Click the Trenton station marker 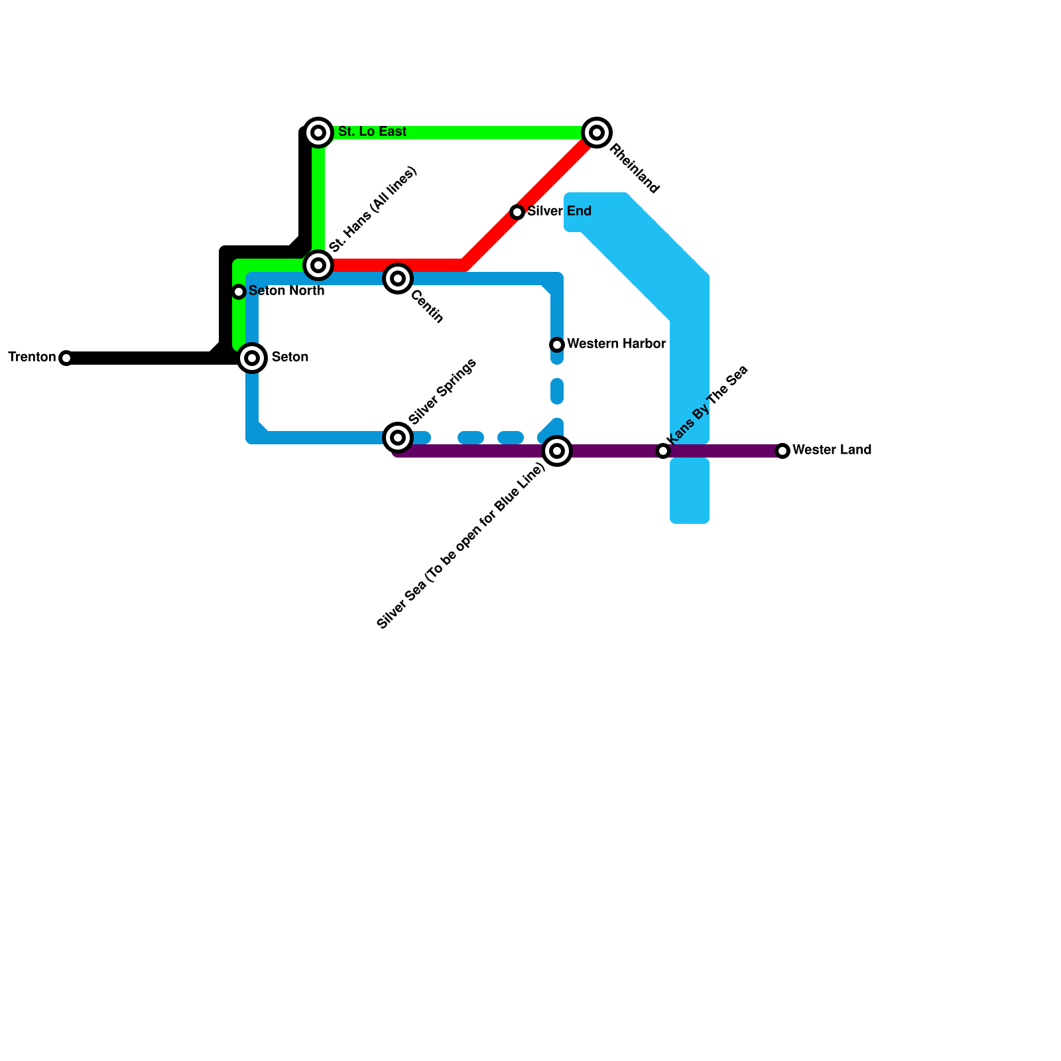coord(66,358)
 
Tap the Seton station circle coord(252,358)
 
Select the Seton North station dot coord(239,292)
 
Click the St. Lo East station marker coord(318,133)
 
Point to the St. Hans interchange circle coord(318,265)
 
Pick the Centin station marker coord(398,279)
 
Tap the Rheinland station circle coord(597,133)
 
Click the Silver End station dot coord(517,212)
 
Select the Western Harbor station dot coord(557,345)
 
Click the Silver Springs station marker coord(398,438)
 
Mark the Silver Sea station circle coord(557,452)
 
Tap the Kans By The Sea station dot coord(663,451)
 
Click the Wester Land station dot coord(782,451)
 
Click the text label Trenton coord(32,357)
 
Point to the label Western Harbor coord(616,344)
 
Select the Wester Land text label coord(832,450)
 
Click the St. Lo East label coord(372,132)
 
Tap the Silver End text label coord(559,212)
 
